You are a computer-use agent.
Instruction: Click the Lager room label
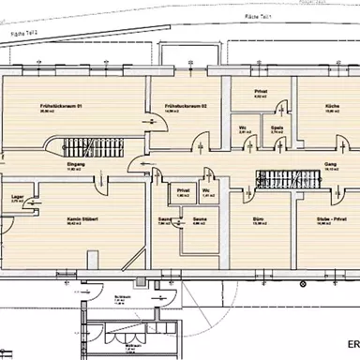tap(16, 198)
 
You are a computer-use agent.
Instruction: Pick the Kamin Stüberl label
tap(82, 220)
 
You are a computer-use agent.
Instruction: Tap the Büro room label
tap(257, 221)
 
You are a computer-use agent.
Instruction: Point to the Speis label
tap(276, 128)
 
